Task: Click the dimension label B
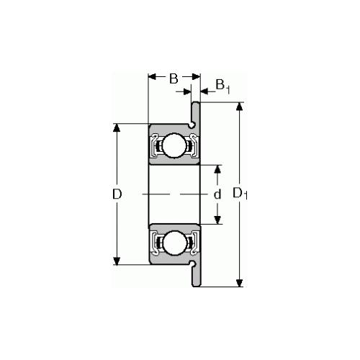coord(174,78)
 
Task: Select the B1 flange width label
coord(222,86)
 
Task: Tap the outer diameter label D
coord(117,194)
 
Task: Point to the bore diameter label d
coord(217,194)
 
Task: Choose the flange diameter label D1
coord(240,194)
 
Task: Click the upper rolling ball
coord(174,145)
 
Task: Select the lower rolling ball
coord(174,243)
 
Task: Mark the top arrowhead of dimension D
coord(117,128)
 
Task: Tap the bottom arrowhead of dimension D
coord(117,261)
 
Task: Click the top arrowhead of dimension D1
coord(239,107)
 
